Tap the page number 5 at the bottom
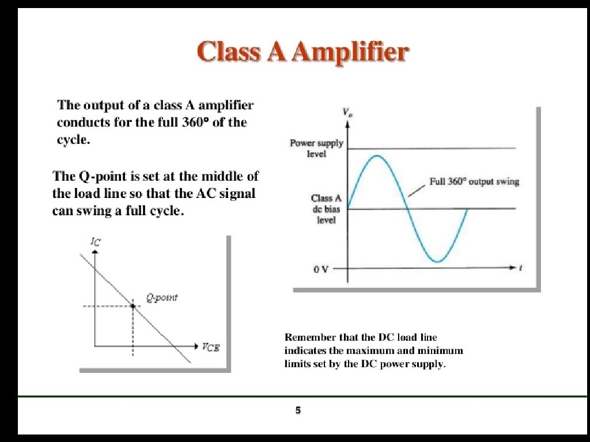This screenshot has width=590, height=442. point(298,410)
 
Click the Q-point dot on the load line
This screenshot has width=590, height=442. point(133,306)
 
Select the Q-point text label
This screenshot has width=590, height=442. point(161,298)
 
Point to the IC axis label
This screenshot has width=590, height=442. point(96,242)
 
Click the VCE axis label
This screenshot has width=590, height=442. point(210,346)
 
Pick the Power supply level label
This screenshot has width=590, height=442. point(316,148)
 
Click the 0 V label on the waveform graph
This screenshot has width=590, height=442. point(321,269)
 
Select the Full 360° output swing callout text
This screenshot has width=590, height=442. point(474,182)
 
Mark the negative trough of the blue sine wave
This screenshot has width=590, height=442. point(438,262)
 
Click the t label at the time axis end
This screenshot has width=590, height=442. point(520,268)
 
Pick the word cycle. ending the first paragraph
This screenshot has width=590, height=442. point(73,140)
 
